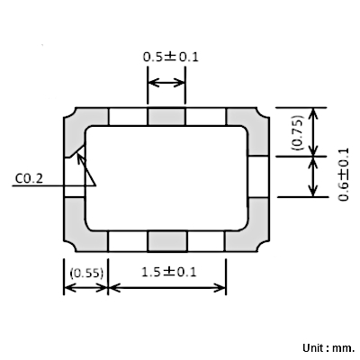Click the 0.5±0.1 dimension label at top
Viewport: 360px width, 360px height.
170,57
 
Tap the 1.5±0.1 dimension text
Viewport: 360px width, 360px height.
168,272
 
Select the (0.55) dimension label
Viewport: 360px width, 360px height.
86,274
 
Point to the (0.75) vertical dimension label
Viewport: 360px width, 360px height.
297,132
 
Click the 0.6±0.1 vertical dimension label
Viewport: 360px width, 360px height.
344,175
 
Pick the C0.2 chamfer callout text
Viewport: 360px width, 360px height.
29,179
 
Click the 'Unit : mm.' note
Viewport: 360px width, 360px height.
328,348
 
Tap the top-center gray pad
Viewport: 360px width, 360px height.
166,116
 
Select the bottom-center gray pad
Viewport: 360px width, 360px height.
167,241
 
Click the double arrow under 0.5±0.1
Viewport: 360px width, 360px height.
166,82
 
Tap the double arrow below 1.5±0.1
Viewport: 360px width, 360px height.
166,288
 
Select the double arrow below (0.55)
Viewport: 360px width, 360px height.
85,288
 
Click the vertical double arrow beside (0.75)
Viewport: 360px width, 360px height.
313,131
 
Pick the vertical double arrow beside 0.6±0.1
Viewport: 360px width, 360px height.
313,176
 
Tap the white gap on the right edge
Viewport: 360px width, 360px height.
258,176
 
